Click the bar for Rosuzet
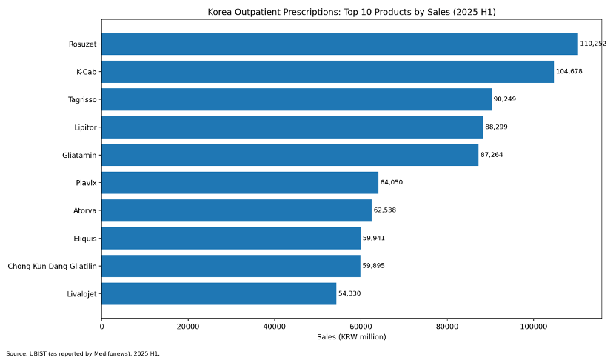[x=339, y=44]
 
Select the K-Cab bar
[x=327, y=72]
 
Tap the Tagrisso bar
[x=296, y=99]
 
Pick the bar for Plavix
[x=240, y=182]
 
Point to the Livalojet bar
[x=218, y=293]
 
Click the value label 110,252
[x=593, y=44]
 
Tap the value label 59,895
[x=374, y=266]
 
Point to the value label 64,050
[x=392, y=182]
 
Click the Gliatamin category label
[x=80, y=155]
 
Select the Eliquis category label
[x=84, y=239]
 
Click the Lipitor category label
[x=84, y=127]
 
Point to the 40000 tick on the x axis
[x=274, y=326]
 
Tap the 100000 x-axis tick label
[x=533, y=326]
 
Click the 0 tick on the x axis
[x=101, y=326]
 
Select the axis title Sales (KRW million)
[x=352, y=337]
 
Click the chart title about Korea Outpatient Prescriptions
[x=352, y=12]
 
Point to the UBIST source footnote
[x=83, y=353]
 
